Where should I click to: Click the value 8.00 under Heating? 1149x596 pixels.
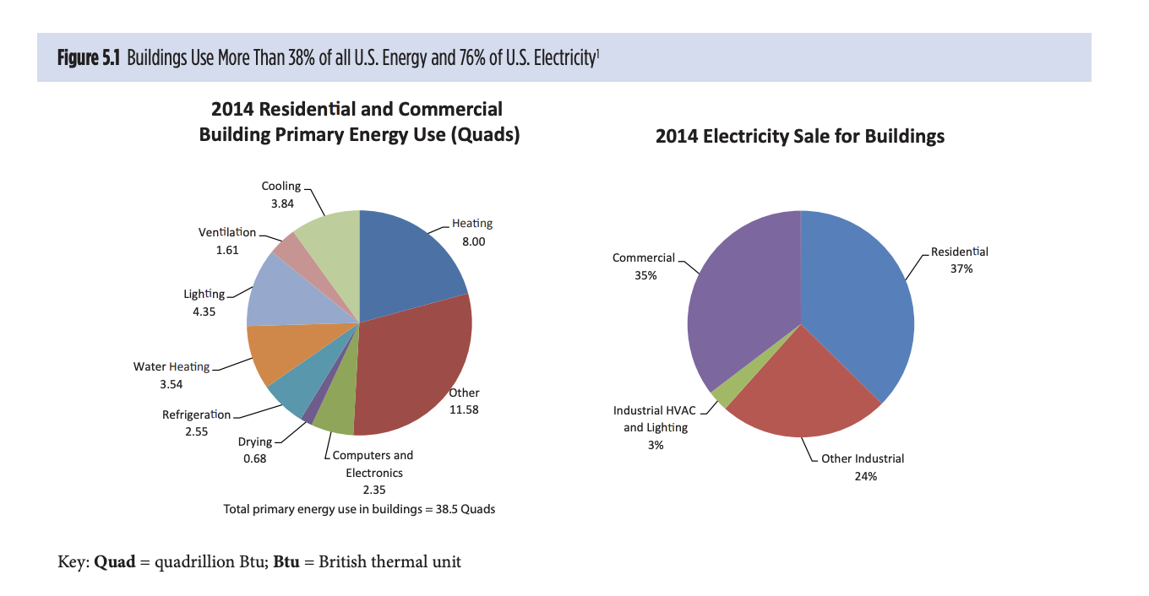pyautogui.click(x=473, y=241)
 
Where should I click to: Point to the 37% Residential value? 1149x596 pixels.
pyautogui.click(x=961, y=269)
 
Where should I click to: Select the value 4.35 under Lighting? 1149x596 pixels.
pyautogui.click(x=204, y=312)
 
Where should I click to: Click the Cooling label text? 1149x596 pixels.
pyautogui.click(x=280, y=186)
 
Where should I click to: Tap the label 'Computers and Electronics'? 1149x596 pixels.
pyautogui.click(x=373, y=464)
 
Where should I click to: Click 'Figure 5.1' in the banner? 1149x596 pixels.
pyautogui.click(x=89, y=58)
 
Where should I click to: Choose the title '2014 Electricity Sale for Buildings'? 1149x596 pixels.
pyautogui.click(x=799, y=136)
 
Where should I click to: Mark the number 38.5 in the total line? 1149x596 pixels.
pyautogui.click(x=449, y=509)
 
